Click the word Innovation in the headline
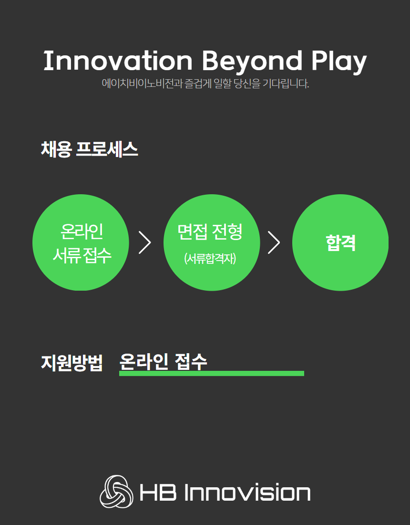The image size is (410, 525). [x=118, y=61]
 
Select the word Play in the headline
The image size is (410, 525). [x=339, y=62]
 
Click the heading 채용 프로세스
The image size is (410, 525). [x=89, y=149]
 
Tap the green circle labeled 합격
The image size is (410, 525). [x=340, y=242]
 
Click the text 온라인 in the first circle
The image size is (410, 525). [x=82, y=231]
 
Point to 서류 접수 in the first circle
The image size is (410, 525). [x=82, y=255]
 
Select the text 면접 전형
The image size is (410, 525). [x=210, y=231]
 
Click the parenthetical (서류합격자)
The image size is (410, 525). [x=210, y=258]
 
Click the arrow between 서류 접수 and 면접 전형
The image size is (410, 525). [x=145, y=242]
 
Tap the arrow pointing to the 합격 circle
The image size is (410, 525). [x=274, y=242]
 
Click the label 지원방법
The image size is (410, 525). [x=72, y=362]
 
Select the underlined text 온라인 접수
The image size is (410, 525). [x=163, y=362]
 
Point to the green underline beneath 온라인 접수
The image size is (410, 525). [x=212, y=373]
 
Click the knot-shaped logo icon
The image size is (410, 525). [x=116, y=492]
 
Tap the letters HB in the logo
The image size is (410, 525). [x=158, y=492]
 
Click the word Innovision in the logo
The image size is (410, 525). [x=247, y=492]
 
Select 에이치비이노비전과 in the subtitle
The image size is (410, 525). [x=142, y=84]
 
